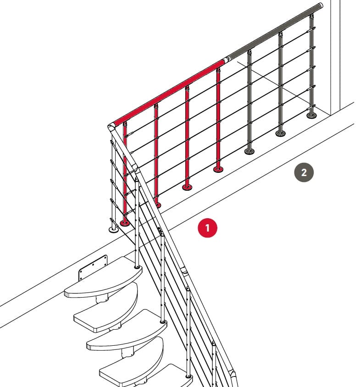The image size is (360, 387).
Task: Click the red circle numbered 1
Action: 207,227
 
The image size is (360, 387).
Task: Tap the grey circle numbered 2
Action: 304,172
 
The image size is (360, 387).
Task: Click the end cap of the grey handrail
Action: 321,6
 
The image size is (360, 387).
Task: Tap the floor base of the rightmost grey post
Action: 311,115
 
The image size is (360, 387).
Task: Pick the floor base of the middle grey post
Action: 280,133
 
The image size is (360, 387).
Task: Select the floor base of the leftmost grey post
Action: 249,151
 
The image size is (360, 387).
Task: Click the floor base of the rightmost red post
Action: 218,169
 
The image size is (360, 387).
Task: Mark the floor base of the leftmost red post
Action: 125,223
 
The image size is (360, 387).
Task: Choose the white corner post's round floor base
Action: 114,230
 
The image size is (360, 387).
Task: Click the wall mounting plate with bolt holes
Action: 93,267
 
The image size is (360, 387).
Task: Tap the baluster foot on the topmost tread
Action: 137,267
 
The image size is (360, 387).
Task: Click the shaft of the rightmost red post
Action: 218,118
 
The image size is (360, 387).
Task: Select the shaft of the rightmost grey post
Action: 311,65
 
